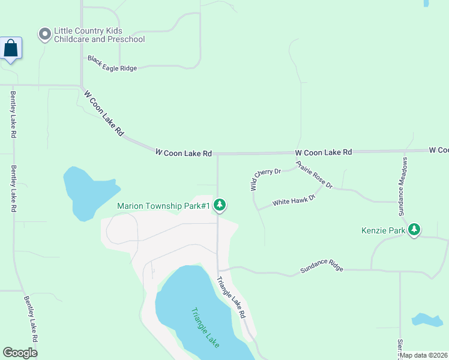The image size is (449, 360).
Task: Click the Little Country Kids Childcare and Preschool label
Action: point(100,35)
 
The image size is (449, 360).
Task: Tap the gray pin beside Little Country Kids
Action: point(44,34)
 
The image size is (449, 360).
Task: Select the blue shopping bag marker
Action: point(11,48)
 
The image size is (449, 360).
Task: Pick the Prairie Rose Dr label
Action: point(314,175)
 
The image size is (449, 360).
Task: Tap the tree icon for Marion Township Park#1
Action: point(220,205)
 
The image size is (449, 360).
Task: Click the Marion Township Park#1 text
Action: point(163,206)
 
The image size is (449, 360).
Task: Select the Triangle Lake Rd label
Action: point(231,297)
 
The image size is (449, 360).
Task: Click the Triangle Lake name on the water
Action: point(205,328)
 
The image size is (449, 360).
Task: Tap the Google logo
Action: point(20,353)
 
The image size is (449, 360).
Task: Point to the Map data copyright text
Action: point(424,355)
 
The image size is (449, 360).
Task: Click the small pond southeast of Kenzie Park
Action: point(427,319)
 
